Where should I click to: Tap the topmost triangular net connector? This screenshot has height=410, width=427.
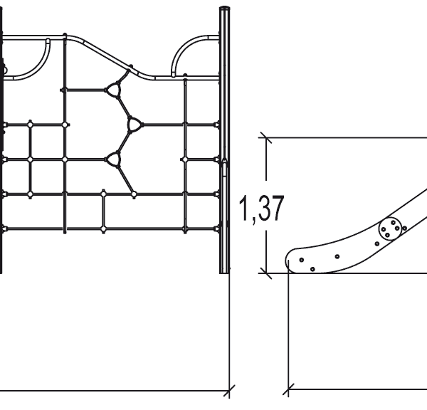(113, 90)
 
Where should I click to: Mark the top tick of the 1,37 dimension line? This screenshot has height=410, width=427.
(265, 137)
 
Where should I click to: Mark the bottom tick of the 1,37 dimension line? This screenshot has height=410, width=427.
(265, 272)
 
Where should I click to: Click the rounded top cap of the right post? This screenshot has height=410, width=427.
(224, 9)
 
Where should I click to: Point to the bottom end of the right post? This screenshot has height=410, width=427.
(225, 270)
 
